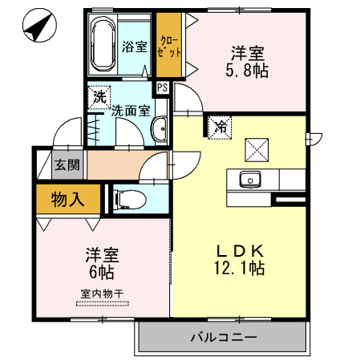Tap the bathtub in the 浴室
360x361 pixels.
point(103,45)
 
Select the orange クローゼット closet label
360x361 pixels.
point(169,45)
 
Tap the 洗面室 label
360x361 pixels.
point(129,112)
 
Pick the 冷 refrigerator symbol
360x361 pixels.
point(219,126)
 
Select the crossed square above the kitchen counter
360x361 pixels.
point(257,150)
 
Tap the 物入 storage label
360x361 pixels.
point(68,199)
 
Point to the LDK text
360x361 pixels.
point(237,249)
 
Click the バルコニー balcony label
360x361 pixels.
point(224,337)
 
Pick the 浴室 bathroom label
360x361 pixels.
point(134,46)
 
